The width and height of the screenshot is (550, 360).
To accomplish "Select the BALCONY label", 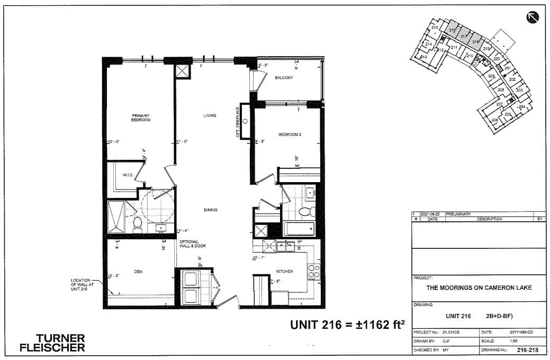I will point(284,78).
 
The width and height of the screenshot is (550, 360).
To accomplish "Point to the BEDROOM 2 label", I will point(290,134).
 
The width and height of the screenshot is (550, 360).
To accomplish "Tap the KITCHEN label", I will point(284,271).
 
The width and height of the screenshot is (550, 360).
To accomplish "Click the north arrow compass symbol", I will point(532,18).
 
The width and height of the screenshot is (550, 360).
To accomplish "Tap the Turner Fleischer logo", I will point(51,343).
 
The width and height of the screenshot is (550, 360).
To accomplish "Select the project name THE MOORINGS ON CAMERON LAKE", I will point(479,288).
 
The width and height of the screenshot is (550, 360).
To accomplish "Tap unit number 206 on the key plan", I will point(495,120).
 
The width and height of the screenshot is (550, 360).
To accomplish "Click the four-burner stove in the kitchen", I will point(313,271).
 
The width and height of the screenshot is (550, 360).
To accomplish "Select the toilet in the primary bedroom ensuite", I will point(138,225).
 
